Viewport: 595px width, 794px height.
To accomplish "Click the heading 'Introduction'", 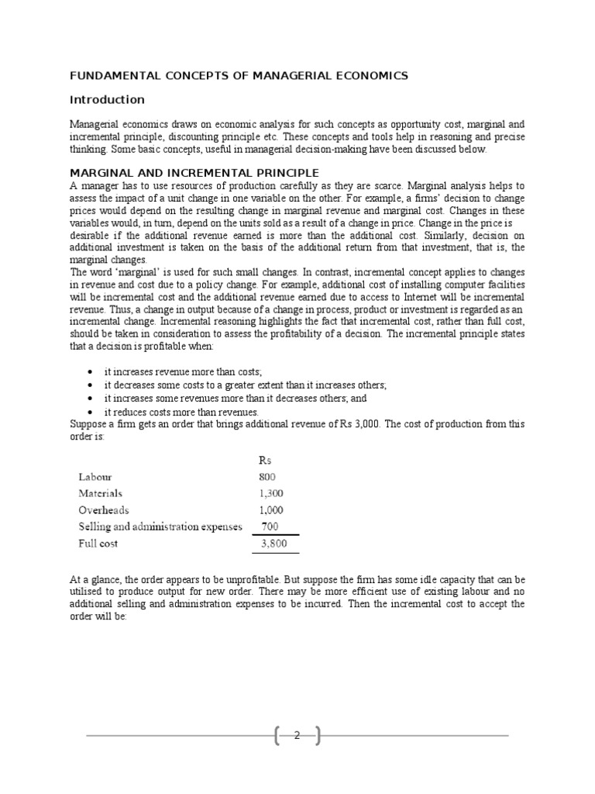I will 107,99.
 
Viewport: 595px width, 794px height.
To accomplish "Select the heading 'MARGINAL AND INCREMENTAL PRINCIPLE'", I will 194,172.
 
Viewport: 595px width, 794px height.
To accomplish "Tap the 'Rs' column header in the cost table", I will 264,459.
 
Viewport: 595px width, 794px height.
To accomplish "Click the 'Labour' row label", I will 96,477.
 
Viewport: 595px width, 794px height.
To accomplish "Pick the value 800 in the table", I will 267,477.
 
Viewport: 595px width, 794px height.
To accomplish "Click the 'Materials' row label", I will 100,493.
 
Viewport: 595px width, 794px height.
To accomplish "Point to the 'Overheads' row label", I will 103,510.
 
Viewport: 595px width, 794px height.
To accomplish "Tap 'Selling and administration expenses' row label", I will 160,526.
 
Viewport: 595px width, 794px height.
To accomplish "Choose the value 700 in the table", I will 270,526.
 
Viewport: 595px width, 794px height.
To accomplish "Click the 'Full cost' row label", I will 97,544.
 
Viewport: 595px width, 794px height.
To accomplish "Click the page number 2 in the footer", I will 297,736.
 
